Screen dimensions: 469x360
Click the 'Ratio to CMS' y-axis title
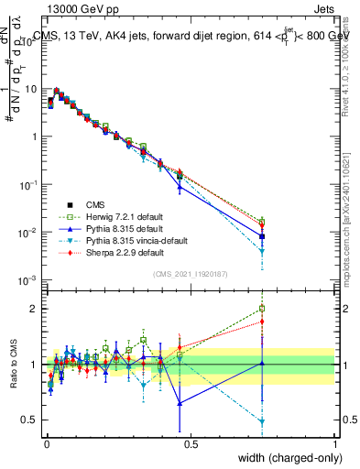(12, 364)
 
